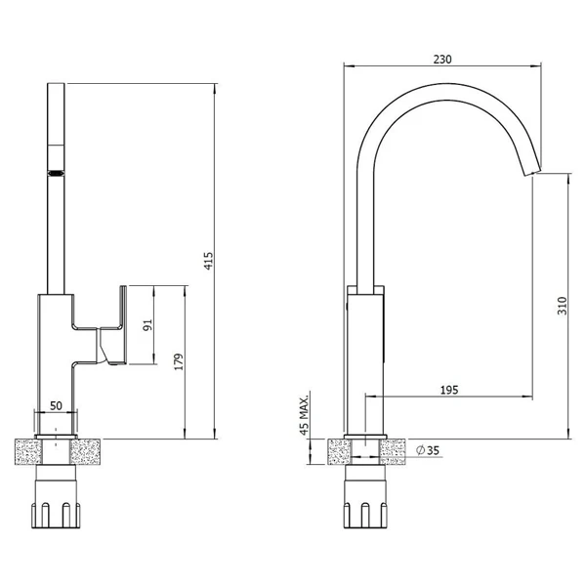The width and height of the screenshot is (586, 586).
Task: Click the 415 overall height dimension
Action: point(209,261)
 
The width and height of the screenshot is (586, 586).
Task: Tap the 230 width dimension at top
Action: point(442,59)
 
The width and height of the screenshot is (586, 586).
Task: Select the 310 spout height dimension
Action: point(563,306)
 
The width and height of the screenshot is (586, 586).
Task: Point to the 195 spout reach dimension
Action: point(449,390)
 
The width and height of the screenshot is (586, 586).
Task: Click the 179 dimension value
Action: point(179,361)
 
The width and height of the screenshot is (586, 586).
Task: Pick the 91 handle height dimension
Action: point(148,325)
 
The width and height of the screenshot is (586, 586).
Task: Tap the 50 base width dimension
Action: point(56,405)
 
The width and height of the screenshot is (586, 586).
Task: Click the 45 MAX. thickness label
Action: point(305,414)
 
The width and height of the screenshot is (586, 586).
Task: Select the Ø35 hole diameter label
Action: point(429,450)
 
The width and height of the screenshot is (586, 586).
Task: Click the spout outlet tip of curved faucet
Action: point(532,172)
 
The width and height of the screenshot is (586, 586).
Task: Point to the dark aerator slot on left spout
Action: point(56,173)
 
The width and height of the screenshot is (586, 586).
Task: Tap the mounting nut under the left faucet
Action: point(56,497)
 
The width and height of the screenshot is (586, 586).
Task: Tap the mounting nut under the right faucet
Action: point(365,497)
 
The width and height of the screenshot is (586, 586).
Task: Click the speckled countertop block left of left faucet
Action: point(28,452)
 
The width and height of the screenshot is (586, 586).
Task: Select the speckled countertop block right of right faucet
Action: point(393,452)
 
